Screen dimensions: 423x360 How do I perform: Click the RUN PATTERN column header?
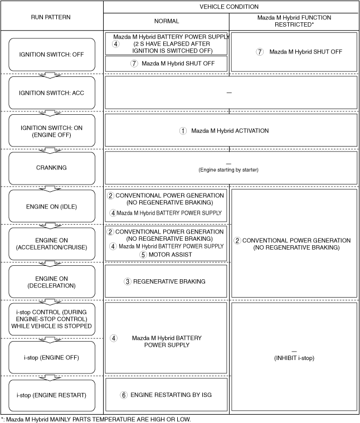pyautogui.click(x=51, y=17)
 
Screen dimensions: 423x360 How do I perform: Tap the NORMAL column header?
pyautogui.click(x=166, y=21)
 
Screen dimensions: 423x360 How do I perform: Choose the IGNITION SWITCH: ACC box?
pyautogui.click(x=51, y=93)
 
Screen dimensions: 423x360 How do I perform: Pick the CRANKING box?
pyautogui.click(x=51, y=168)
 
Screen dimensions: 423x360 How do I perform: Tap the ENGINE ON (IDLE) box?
pyautogui.click(x=51, y=206)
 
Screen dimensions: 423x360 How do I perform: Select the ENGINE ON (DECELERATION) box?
pyautogui.click(x=51, y=281)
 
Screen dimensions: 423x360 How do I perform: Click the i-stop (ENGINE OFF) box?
pyautogui.click(x=51, y=357)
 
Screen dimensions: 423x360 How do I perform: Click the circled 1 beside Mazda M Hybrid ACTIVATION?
pyautogui.click(x=182, y=130)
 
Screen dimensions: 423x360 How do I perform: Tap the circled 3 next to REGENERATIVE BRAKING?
pyautogui.click(x=128, y=281)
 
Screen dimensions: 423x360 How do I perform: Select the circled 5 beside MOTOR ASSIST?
pyautogui.click(x=143, y=254)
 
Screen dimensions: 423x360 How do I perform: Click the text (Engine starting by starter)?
pyautogui.click(x=228, y=169)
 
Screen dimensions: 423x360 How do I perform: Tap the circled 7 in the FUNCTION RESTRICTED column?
pyautogui.click(x=259, y=52)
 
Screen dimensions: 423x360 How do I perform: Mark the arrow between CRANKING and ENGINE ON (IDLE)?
pyautogui.click(x=51, y=187)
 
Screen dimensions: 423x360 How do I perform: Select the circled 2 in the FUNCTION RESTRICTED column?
pyautogui.click(x=237, y=241)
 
